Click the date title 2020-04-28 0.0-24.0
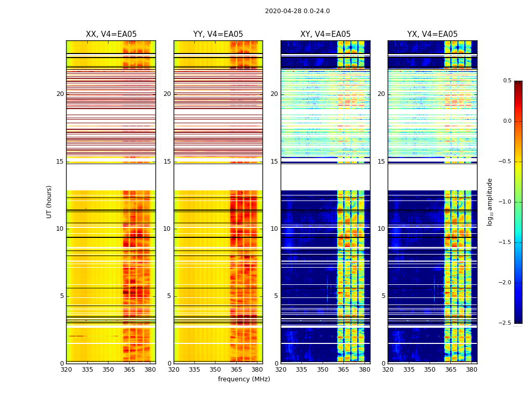[x=297, y=11]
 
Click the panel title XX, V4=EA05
[x=111, y=34]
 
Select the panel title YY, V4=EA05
[x=218, y=34]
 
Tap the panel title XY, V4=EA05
[x=326, y=34]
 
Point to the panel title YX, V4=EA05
[x=433, y=34]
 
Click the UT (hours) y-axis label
[x=49, y=201]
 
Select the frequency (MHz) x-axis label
[x=244, y=379]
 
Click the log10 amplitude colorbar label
[x=490, y=201]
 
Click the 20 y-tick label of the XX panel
[x=60, y=94]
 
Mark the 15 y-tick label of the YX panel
[x=382, y=162]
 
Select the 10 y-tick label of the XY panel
[x=274, y=229]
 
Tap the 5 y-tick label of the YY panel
[x=169, y=296]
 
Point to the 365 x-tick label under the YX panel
[x=451, y=370]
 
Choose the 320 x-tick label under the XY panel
[x=281, y=370]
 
